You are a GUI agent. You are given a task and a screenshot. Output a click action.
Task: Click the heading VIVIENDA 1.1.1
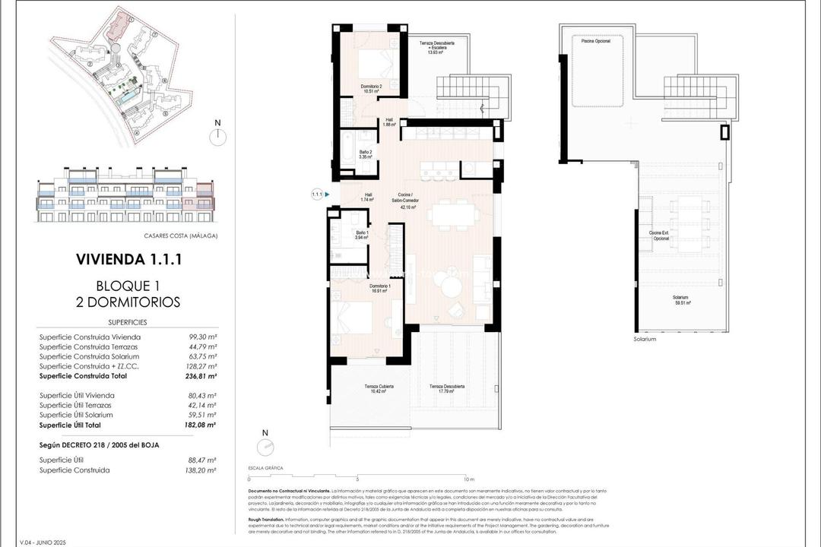coord(128,259)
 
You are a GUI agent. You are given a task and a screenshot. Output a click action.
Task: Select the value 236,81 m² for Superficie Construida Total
coord(201,375)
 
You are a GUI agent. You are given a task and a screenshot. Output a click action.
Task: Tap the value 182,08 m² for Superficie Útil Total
coord(201,425)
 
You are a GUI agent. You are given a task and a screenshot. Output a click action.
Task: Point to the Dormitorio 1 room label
coord(373,288)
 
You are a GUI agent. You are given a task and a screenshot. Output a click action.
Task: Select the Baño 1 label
coord(362,236)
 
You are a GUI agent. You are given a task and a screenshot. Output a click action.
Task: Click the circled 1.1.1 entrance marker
coord(317,194)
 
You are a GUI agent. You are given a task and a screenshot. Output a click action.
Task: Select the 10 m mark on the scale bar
coord(469,479)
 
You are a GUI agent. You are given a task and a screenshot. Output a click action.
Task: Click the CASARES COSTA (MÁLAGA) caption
coord(180,236)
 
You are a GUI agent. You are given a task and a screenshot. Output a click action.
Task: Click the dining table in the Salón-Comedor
coord(452,214)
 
